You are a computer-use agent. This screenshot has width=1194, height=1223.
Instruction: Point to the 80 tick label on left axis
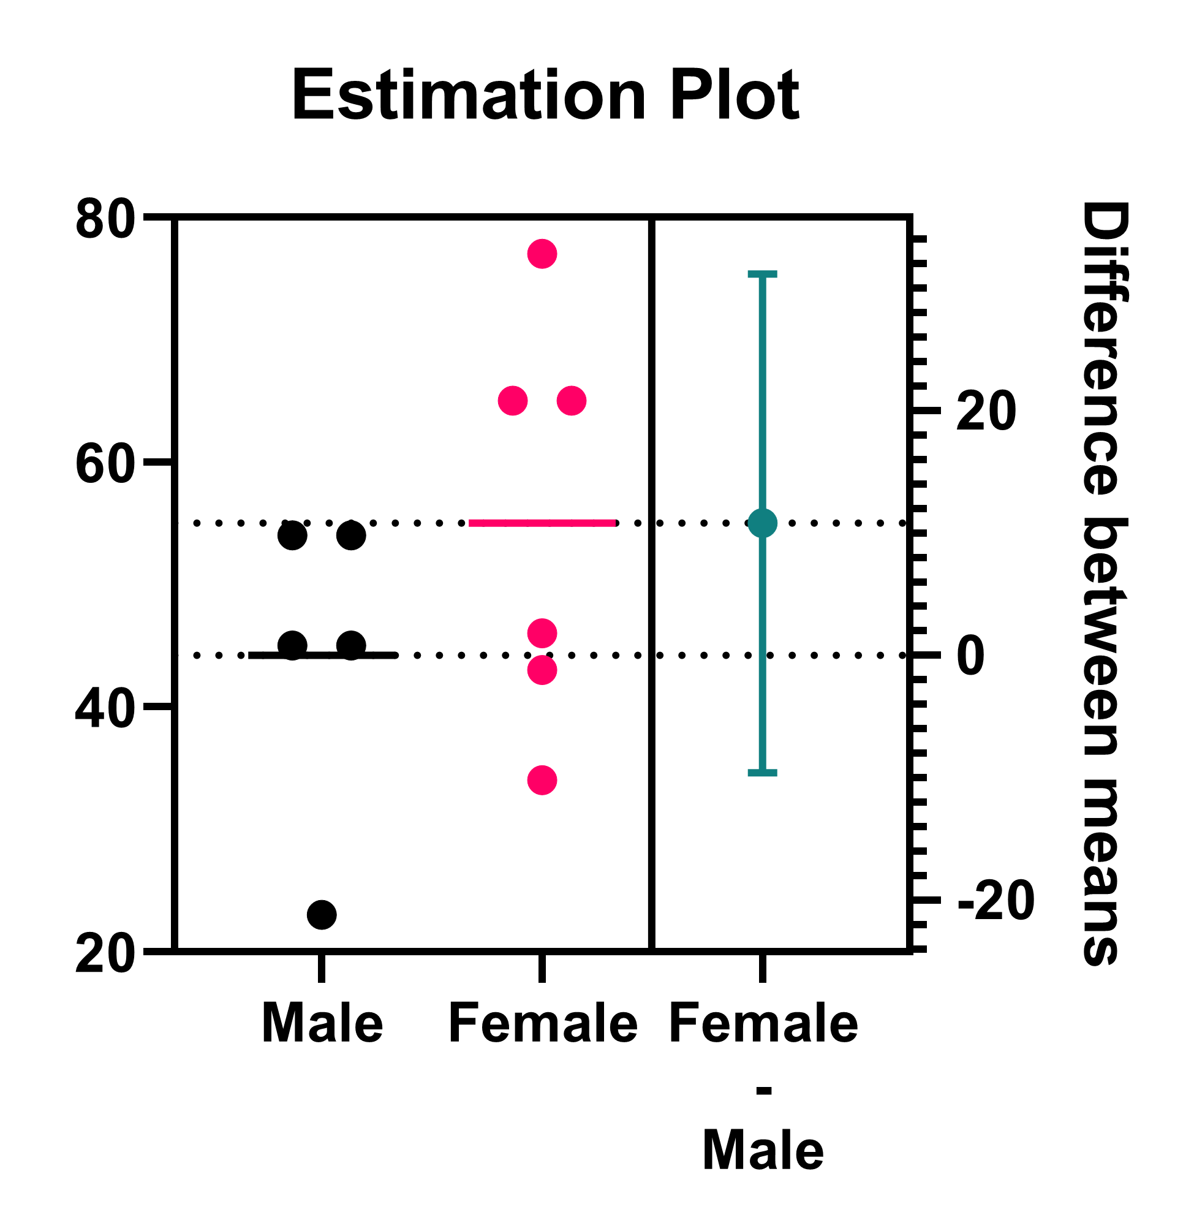(x=105, y=219)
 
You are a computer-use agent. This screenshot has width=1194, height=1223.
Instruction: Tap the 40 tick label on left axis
(x=105, y=711)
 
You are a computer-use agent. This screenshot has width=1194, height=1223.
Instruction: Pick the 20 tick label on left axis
(x=105, y=956)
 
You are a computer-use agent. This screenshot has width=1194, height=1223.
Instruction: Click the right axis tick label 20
(x=986, y=411)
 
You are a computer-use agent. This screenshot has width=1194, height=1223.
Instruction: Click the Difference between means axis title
(x=1106, y=583)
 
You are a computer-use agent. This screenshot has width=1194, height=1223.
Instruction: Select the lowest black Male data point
(x=322, y=914)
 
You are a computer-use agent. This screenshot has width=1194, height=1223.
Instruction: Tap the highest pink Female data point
(x=542, y=254)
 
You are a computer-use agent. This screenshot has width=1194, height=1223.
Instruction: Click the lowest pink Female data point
(x=542, y=780)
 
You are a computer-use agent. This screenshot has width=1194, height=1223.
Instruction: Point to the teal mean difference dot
(x=763, y=523)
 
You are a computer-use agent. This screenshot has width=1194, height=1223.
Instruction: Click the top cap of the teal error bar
(x=763, y=274)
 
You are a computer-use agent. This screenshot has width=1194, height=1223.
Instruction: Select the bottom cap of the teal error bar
(x=763, y=773)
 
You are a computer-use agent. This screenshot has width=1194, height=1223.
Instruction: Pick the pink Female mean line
(x=542, y=523)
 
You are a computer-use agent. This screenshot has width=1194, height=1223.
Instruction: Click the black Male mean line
(x=322, y=656)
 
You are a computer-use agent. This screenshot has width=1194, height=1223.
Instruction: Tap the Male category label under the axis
(x=322, y=1024)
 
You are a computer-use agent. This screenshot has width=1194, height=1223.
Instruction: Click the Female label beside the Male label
(x=543, y=1024)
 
